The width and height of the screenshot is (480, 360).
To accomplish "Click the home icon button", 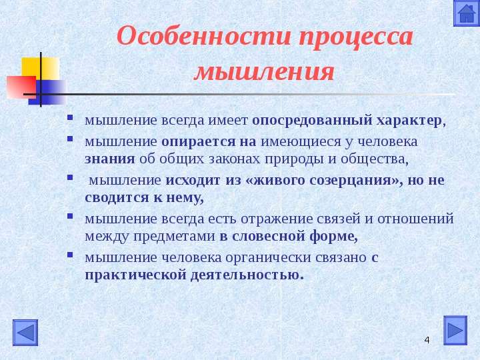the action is (x=467, y=13).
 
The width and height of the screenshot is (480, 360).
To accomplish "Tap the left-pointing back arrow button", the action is (x=25, y=333).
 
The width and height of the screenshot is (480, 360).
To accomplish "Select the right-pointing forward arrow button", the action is (x=455, y=330).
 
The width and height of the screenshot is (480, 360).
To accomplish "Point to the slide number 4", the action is (x=427, y=340).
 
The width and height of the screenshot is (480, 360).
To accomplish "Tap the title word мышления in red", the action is (x=264, y=72).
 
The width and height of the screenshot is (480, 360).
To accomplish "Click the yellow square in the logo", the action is (x=41, y=69).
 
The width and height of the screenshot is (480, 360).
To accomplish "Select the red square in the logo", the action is (x=21, y=87).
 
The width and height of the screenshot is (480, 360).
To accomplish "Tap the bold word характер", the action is (x=409, y=121).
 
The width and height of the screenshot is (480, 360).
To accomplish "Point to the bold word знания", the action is (x=109, y=159).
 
